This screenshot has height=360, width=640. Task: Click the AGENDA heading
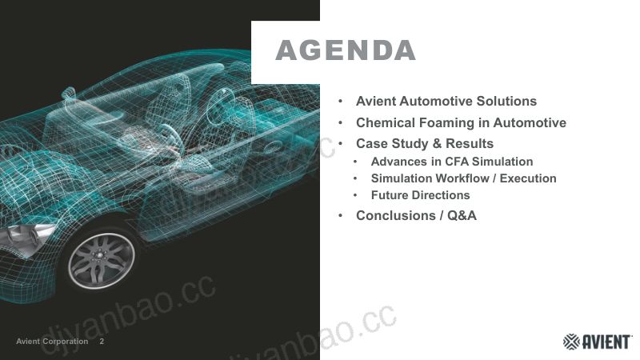tap(346, 50)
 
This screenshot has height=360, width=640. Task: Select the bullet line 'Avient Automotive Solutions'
tap(446, 101)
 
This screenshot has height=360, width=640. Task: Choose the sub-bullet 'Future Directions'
tap(420, 195)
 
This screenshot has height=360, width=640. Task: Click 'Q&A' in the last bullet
tap(462, 215)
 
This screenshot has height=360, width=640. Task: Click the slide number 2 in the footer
tap(102, 342)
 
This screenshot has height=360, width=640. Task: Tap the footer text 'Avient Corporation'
tap(52, 342)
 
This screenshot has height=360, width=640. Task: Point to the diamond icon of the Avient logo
tap(571, 342)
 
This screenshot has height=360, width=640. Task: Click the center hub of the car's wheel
tap(98, 255)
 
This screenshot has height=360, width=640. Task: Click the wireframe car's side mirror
tap(70, 93)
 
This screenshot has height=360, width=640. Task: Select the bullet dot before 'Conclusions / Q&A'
tap(341, 215)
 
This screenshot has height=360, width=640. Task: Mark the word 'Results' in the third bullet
tap(470, 144)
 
